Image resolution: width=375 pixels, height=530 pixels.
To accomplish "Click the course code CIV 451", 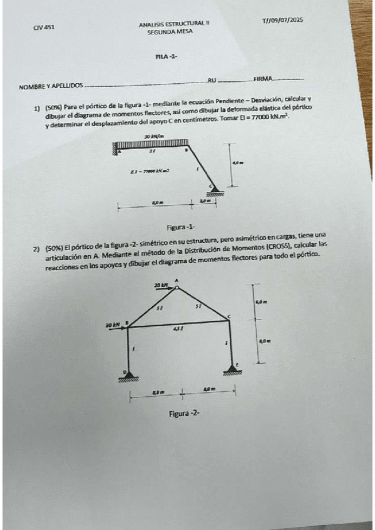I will pos(44,27).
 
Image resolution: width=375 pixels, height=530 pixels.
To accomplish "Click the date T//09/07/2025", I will pos(282,21).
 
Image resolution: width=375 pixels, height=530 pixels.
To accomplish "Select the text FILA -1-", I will pos(167,57).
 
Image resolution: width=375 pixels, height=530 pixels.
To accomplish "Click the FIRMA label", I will pos(262,78).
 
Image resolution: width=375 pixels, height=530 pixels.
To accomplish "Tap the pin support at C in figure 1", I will pos(215,190).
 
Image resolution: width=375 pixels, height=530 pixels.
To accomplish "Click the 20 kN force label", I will pos(162,284).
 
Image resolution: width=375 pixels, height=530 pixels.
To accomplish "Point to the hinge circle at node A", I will pos(177,287).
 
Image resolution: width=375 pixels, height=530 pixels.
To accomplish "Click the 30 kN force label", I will pos(113,325).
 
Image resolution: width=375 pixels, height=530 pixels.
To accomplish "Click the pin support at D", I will pos(130,375).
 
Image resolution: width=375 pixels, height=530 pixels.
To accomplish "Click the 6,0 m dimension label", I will pos(262,302).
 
